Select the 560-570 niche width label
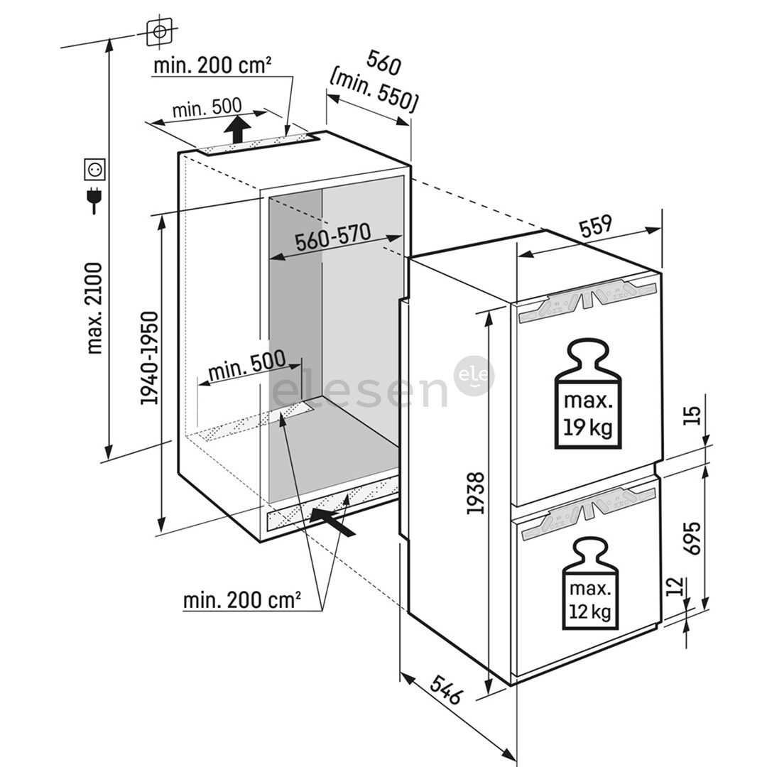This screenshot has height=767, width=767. point(332,239)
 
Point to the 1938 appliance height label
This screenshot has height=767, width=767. point(475,493)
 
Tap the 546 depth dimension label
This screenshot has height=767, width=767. point(446,687)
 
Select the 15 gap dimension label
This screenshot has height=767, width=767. point(692,411)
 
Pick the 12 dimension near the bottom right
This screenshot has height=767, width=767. point(676,587)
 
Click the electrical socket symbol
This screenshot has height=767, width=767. point(94,169)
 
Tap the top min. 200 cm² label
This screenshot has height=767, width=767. point(212,66)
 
